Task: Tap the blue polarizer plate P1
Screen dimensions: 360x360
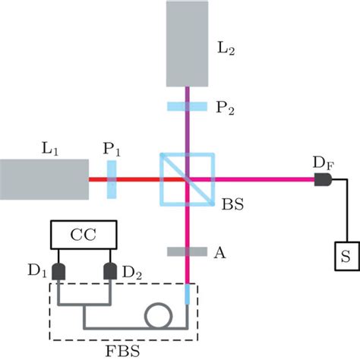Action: tap(112, 179)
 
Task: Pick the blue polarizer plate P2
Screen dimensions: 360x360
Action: tap(187, 107)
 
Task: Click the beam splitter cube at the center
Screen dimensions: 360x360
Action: tap(187, 179)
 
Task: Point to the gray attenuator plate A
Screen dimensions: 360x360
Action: tap(187, 251)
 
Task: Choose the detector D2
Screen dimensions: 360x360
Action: tap(111, 271)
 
